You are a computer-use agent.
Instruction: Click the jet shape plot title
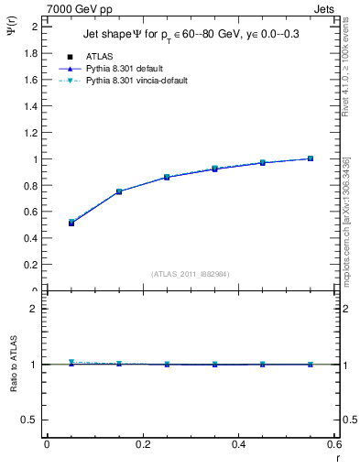(x=186, y=34)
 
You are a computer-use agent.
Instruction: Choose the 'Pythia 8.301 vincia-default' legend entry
(x=136, y=81)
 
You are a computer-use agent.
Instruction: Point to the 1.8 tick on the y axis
(x=31, y=53)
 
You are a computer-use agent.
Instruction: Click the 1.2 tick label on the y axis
(x=31, y=133)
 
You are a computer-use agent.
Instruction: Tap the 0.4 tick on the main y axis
(x=31, y=238)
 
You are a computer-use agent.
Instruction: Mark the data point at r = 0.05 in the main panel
(x=71, y=223)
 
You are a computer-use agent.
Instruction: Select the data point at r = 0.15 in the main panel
(x=119, y=191)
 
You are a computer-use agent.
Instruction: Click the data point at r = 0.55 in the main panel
(x=311, y=158)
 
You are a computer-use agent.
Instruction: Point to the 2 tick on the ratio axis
(x=34, y=309)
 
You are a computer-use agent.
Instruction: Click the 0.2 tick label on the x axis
(x=143, y=444)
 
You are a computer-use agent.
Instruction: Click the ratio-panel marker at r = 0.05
(x=71, y=362)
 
